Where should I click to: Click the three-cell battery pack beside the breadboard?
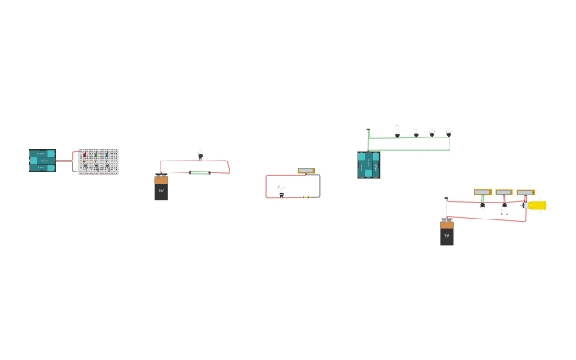42,161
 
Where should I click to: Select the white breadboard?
99,161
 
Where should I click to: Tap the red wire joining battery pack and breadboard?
65,159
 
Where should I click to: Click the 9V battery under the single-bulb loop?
160,188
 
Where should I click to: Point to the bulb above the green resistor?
200,153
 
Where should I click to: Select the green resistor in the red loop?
199,172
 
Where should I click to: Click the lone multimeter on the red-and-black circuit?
306,171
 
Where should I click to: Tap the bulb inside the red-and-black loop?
281,191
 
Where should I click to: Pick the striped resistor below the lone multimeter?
306,197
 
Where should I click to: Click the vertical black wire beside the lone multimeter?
320,186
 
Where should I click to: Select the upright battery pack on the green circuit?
369,165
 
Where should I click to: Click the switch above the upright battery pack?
369,130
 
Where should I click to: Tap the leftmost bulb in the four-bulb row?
397,131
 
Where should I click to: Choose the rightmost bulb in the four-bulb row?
449,132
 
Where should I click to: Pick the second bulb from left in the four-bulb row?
416,132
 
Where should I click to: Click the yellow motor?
536,205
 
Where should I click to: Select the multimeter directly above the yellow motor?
525,192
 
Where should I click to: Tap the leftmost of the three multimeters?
483,192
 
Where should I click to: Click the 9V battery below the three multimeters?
446,233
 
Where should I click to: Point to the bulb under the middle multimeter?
504,210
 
